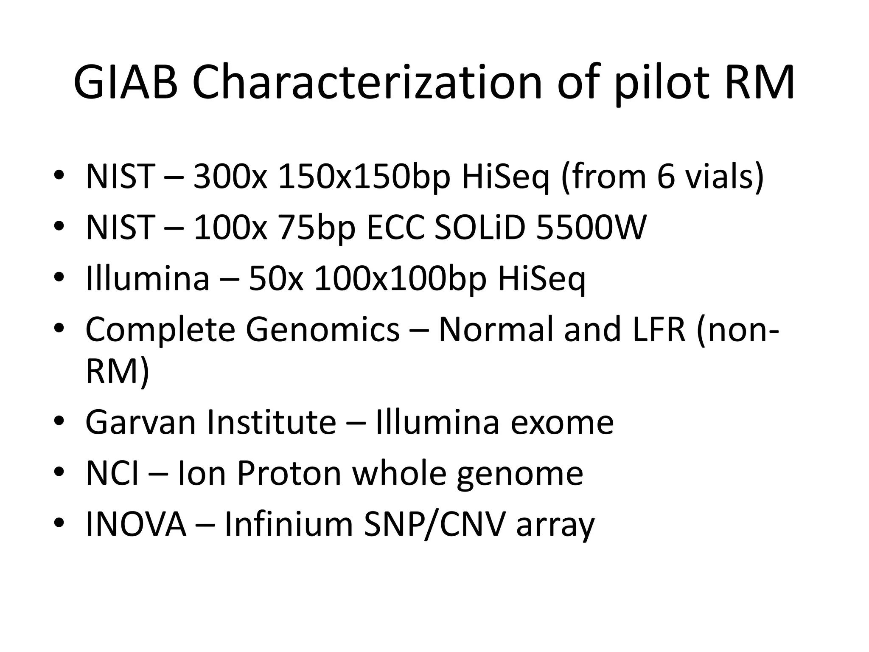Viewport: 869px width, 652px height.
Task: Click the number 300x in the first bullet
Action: (x=230, y=176)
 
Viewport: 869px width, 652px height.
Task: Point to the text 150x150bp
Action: (x=363, y=176)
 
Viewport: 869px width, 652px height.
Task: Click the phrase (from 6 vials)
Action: (x=662, y=176)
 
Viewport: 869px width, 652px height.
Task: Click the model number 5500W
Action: (x=591, y=228)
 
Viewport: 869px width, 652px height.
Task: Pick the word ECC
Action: (x=395, y=228)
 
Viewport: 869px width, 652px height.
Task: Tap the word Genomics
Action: (x=322, y=330)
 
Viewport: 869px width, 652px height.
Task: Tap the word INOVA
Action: (x=136, y=525)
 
